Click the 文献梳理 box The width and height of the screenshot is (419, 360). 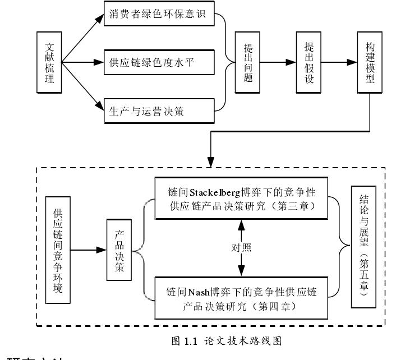49,62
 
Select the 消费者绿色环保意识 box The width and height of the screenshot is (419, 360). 159,14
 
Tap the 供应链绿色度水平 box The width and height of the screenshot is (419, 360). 159,62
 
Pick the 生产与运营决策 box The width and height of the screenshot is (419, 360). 159,110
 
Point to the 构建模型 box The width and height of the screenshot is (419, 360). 369,62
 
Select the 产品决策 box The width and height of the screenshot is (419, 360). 119,250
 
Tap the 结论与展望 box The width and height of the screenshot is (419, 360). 363,247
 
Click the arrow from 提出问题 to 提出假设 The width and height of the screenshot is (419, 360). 278,62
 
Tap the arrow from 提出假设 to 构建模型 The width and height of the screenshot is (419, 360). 339,62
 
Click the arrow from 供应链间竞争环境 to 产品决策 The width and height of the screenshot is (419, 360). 89,250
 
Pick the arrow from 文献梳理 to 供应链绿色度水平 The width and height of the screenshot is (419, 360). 83,62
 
